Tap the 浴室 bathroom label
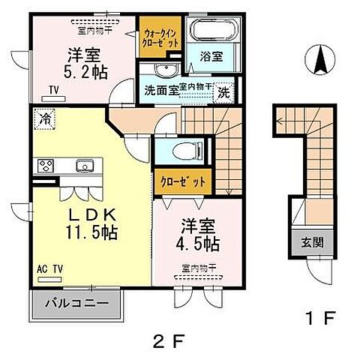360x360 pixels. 211,55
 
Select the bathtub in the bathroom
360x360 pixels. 211,32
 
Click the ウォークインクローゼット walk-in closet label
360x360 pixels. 159,37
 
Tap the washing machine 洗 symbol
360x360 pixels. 223,93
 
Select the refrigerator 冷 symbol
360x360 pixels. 46,118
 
